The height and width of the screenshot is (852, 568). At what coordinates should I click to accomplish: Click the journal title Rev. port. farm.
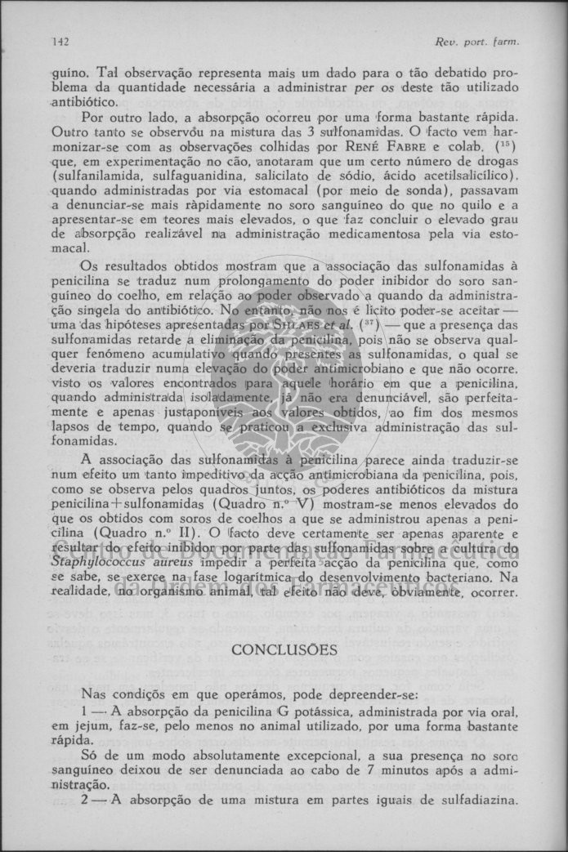(490, 42)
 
